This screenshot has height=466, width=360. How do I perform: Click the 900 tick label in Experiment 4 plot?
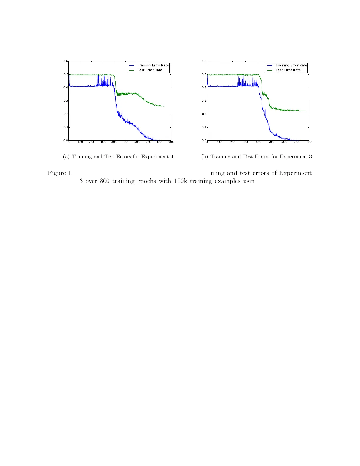pyautogui.click(x=171, y=142)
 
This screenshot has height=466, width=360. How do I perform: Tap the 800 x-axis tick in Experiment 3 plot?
pyautogui.click(x=309, y=142)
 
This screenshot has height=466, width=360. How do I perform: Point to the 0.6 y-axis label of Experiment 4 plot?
pyautogui.click(x=66, y=61)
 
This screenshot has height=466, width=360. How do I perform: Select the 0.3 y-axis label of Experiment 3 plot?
pyautogui.click(x=204, y=101)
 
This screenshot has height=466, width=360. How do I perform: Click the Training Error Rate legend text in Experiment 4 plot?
pyautogui.click(x=153, y=65)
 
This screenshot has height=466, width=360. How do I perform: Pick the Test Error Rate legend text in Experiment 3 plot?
pyautogui.click(x=288, y=70)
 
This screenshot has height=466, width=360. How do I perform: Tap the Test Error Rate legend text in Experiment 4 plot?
pyautogui.click(x=150, y=70)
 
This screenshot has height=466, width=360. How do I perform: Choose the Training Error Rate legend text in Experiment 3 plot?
pyautogui.click(x=291, y=65)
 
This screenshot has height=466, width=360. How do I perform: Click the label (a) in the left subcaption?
pyautogui.click(x=66, y=157)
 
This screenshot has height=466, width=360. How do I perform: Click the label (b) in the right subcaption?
pyautogui.click(x=205, y=157)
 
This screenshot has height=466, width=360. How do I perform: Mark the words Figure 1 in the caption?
pyautogui.click(x=59, y=173)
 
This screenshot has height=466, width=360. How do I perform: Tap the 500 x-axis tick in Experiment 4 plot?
pyautogui.click(x=125, y=142)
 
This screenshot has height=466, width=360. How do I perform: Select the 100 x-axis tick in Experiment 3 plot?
pyautogui.click(x=220, y=142)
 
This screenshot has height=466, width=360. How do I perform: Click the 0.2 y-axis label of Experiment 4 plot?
pyautogui.click(x=66, y=114)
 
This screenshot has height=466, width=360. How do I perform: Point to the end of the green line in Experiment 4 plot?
pyautogui.click(x=164, y=106)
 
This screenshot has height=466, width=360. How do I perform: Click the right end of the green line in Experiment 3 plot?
pyautogui.click(x=306, y=111)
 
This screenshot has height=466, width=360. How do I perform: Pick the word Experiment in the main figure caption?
pyautogui.click(x=295, y=173)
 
